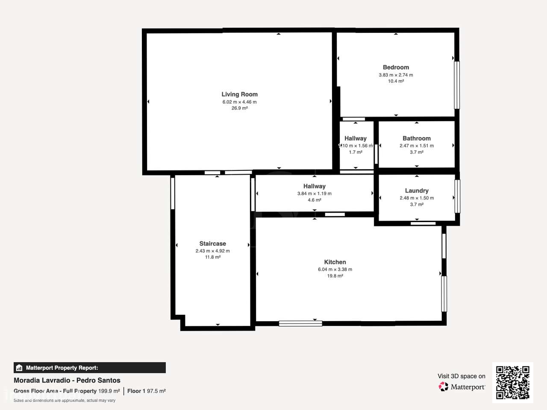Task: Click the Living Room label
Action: (x=239, y=94)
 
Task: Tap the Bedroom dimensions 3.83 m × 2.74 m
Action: (x=396, y=75)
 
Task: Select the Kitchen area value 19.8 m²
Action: (x=335, y=276)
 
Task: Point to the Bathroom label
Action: (x=416, y=138)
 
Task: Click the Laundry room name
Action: (x=417, y=190)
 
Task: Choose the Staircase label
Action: (x=212, y=243)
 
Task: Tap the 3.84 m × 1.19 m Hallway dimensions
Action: (x=314, y=193)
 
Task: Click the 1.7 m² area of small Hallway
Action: (x=356, y=152)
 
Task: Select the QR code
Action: (x=512, y=382)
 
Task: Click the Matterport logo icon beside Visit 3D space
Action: (x=443, y=387)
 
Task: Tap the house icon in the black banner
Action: (x=19, y=368)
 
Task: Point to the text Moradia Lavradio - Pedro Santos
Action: (x=67, y=381)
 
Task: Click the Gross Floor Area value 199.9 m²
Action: (x=109, y=391)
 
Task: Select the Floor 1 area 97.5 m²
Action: (x=156, y=391)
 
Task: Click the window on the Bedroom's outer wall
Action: (x=457, y=85)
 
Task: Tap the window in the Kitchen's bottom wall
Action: (x=300, y=323)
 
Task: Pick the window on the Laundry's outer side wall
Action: (x=458, y=196)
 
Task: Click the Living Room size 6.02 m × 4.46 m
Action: (x=239, y=102)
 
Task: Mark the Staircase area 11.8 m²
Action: (x=212, y=257)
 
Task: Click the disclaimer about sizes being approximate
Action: (x=65, y=400)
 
